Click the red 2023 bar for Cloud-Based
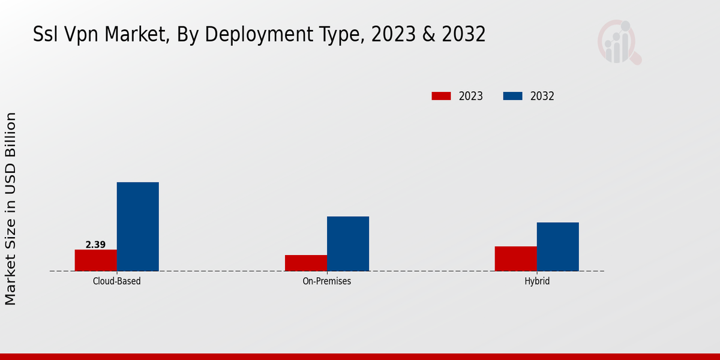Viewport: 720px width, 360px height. [x=96, y=260]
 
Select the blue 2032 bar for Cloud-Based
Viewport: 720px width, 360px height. [x=138, y=227]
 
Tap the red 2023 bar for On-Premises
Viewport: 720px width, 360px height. [x=306, y=263]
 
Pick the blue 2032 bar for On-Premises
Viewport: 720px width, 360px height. [x=348, y=244]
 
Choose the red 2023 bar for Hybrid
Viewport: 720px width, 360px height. [x=516, y=259]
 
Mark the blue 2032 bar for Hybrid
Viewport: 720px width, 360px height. [x=558, y=247]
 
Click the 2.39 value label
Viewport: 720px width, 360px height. [x=95, y=245]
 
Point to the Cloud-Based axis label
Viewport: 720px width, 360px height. [x=117, y=281]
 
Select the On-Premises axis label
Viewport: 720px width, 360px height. [x=327, y=281]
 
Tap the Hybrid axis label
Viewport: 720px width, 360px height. [x=537, y=281]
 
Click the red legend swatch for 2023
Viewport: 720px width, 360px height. [x=441, y=96]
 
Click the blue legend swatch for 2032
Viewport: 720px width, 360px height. [x=512, y=96]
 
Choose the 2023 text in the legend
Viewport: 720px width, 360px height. [x=471, y=96]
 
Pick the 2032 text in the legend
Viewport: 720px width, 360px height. [x=542, y=96]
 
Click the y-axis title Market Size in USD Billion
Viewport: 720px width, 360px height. [x=11, y=208]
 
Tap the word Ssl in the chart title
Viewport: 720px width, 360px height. [x=47, y=35]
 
